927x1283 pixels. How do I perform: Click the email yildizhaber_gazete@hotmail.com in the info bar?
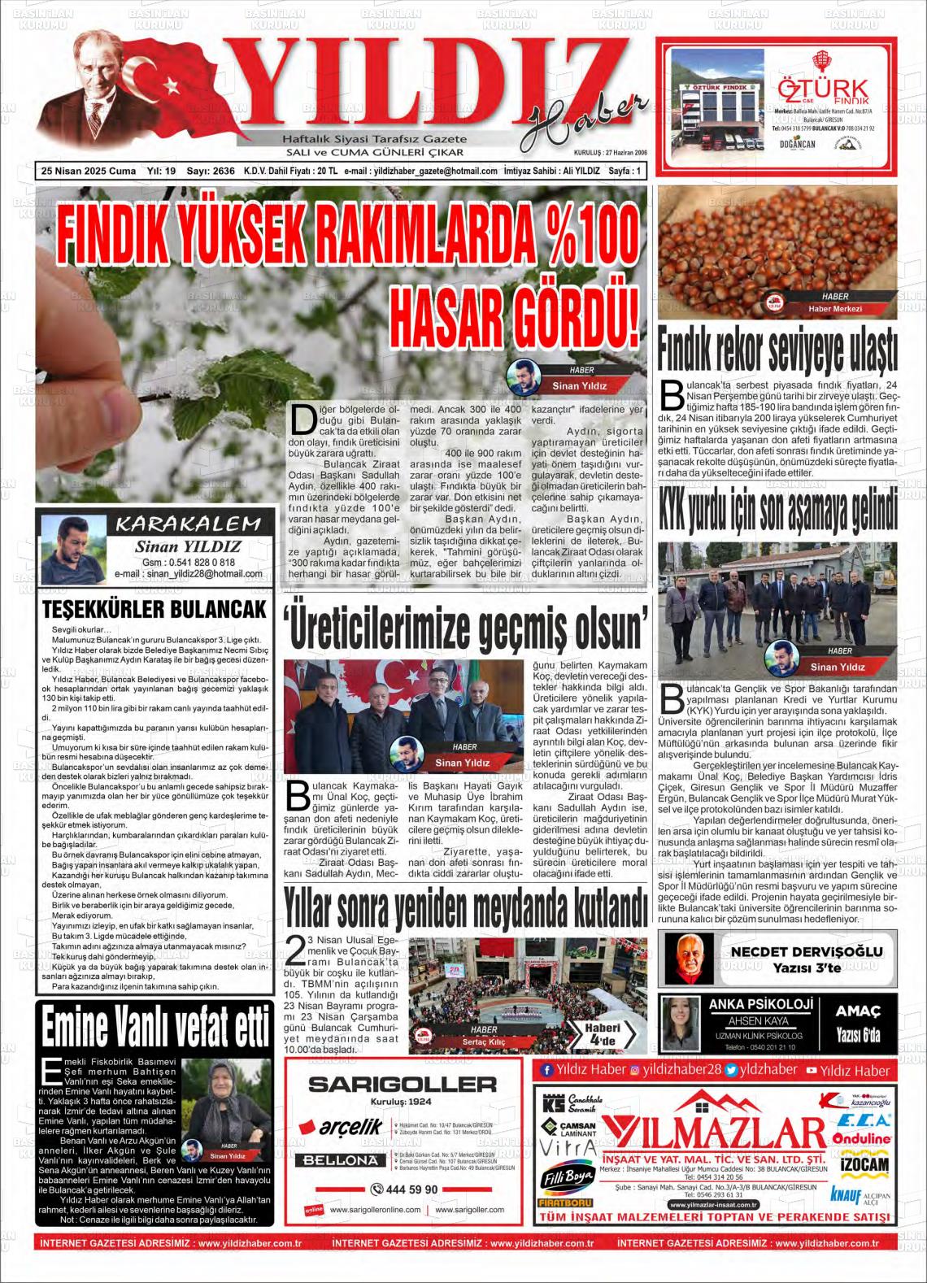pos(432,171)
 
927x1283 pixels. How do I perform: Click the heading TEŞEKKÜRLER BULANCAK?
pos(154,610)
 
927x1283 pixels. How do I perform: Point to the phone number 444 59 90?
pos(404,1189)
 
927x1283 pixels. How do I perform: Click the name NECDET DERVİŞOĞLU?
pos(806,951)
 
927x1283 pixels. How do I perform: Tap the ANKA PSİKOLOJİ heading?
pos(760,1004)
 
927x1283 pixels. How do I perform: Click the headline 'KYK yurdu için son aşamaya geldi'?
pos(777,511)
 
